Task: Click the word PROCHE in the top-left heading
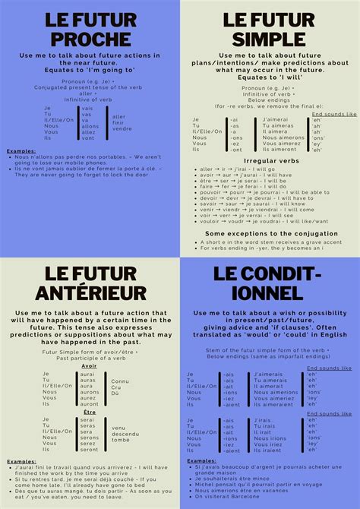90,38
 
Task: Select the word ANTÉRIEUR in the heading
90,292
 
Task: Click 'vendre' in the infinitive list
122,128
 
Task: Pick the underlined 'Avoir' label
89,365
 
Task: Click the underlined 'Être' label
89,411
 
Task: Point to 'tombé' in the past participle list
120,439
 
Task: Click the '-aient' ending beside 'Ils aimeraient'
230,404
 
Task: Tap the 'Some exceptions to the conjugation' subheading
271,233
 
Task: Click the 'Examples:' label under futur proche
21,150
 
